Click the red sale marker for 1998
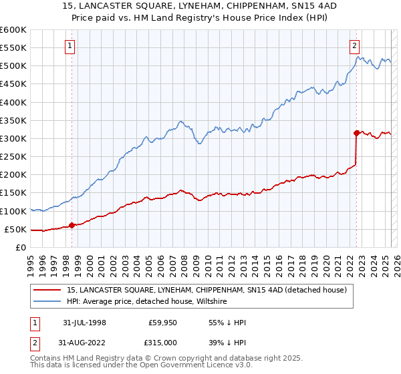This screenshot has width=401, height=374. click(72, 225)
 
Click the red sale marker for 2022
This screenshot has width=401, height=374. click(356, 132)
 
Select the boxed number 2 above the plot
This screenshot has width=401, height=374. click(355, 46)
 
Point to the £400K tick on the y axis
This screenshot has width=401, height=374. click(13, 102)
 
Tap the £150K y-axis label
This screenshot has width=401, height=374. click(13, 193)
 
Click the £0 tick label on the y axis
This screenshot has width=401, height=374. click(20, 247)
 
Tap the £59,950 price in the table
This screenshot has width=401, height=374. click(161, 322)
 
